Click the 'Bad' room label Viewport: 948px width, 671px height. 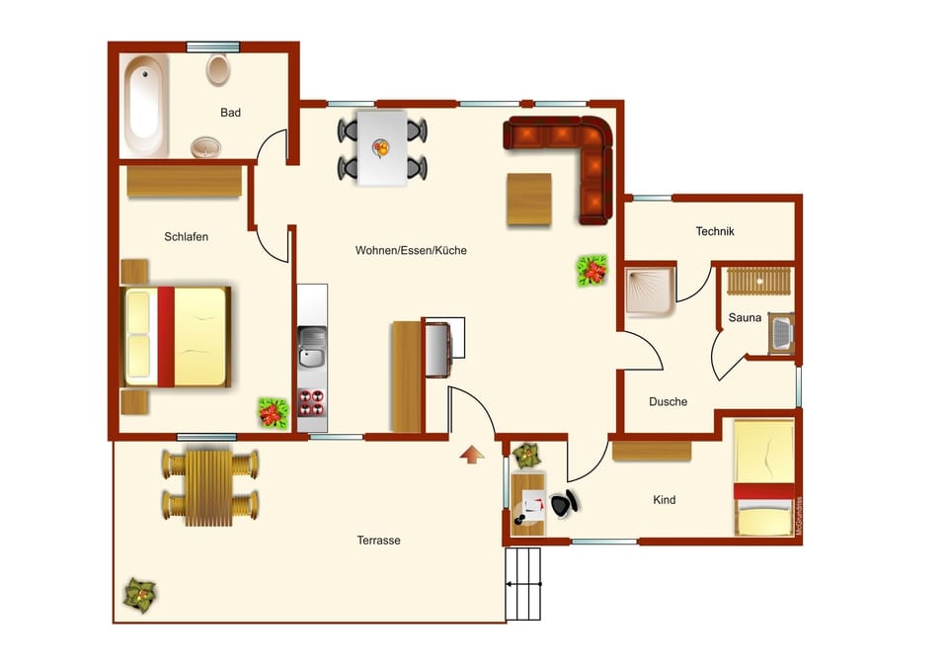[230, 113]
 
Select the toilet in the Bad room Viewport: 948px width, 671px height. [218, 70]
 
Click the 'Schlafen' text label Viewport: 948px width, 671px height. [186, 237]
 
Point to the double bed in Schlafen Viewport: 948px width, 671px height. [178, 337]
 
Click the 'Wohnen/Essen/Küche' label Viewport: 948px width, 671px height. [411, 251]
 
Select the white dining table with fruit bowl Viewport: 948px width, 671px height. [382, 148]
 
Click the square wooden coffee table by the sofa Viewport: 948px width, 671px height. [529, 200]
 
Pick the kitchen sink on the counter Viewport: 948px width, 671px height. [313, 348]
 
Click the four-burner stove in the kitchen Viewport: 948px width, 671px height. [312, 405]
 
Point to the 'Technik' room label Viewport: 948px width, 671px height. [715, 231]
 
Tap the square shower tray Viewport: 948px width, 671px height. [650, 290]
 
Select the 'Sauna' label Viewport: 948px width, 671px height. [745, 318]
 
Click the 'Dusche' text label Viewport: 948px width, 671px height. [668, 402]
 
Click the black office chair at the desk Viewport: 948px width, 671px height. [563, 504]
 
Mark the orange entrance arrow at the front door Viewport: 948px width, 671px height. [473, 454]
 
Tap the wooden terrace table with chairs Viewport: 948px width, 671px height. [209, 487]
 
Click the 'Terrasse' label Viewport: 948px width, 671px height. [378, 541]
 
